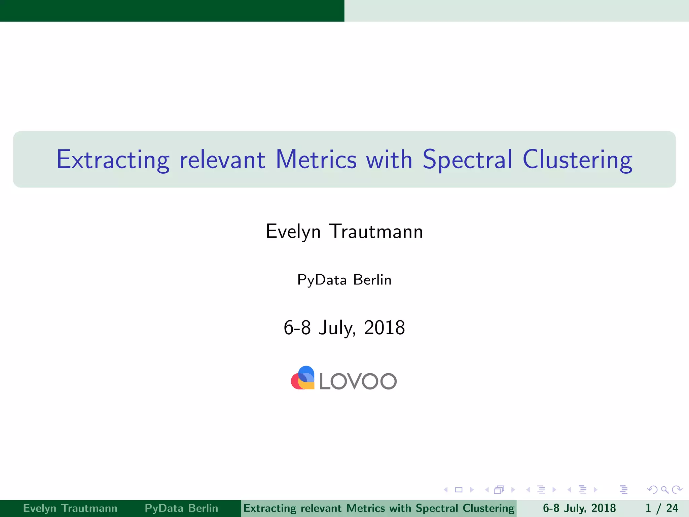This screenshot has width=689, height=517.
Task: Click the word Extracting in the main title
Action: (113, 160)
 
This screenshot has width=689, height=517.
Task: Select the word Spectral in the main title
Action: (467, 160)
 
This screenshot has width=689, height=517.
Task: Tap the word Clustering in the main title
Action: (577, 160)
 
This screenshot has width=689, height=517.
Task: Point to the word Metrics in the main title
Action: (316, 160)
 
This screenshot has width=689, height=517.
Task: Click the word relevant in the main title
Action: (222, 160)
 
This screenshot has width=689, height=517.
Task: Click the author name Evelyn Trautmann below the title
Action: (344, 232)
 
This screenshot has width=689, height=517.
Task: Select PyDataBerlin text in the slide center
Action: (344, 280)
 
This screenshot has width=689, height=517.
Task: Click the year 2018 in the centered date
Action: (384, 328)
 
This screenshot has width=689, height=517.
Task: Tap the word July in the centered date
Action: (337, 328)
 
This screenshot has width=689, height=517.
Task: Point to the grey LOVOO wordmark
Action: (358, 381)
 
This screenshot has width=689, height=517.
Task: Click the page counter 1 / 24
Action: (661, 508)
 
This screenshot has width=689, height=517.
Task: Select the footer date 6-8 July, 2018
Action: (579, 508)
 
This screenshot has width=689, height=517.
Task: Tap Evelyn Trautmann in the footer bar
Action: (70, 508)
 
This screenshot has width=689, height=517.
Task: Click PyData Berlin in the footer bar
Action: (181, 508)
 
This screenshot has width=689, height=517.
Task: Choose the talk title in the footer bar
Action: (379, 508)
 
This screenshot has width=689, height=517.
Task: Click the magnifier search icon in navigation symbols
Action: (664, 490)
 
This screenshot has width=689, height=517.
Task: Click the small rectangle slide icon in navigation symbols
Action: (459, 490)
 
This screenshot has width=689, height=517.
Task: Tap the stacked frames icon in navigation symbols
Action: (499, 490)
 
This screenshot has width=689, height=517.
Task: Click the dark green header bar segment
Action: (172, 10)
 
